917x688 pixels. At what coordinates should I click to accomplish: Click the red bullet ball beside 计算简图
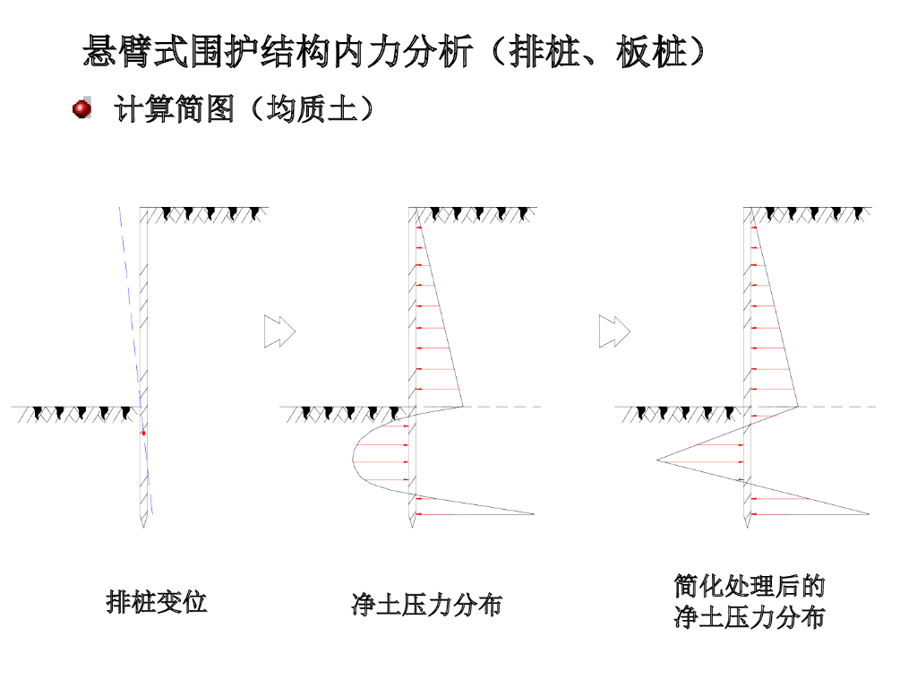coord(81,108)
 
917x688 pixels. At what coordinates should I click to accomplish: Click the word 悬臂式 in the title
coord(135,51)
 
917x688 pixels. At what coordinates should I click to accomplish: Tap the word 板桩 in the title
coord(652,51)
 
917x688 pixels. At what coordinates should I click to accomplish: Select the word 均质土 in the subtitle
coord(312,108)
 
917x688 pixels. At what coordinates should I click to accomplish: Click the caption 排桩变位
coord(157,603)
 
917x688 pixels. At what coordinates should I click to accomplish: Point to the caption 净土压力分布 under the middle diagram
coord(427,605)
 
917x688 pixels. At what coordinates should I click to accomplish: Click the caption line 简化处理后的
coord(750,586)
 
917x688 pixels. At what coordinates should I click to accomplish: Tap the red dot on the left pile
coord(143,433)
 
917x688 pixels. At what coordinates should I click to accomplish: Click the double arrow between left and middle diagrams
coord(279,331)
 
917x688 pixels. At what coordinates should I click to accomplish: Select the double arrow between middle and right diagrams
coord(614,331)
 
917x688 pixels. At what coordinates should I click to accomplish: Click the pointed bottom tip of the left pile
coord(143,527)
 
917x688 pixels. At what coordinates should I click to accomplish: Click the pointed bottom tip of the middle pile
coord(412,527)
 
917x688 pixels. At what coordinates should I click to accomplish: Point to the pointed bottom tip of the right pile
coord(748,527)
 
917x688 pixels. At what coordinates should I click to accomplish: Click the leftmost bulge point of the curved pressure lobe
coord(353,460)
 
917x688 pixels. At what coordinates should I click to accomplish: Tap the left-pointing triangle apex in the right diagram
coord(656,460)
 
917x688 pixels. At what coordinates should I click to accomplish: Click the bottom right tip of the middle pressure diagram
coord(534,513)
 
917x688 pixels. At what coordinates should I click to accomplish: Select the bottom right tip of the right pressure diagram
coord(869,513)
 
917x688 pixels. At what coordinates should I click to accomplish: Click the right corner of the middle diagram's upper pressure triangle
coord(463,406)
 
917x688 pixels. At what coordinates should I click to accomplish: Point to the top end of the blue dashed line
coord(120,207)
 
